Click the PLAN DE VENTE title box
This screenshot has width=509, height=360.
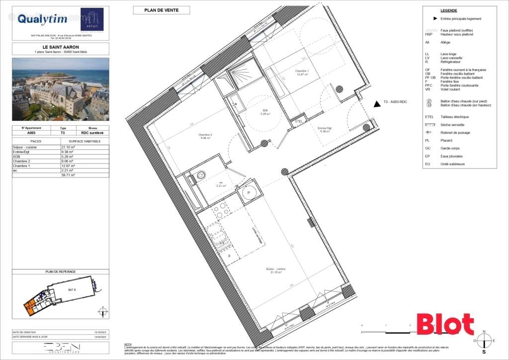point(161,10)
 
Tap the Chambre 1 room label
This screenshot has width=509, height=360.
point(302,73)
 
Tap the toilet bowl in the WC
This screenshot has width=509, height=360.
point(201,175)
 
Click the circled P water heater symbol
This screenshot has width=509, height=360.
point(248,193)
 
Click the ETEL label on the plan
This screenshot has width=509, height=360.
point(299,121)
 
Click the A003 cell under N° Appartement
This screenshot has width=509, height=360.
point(31,133)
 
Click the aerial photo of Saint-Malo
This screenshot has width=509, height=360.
point(60,89)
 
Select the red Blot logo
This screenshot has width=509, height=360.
point(444,324)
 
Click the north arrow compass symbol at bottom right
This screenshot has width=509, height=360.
point(484,340)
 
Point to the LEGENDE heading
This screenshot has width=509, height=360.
point(448,10)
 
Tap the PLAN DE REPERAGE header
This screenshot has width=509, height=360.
point(60,271)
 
